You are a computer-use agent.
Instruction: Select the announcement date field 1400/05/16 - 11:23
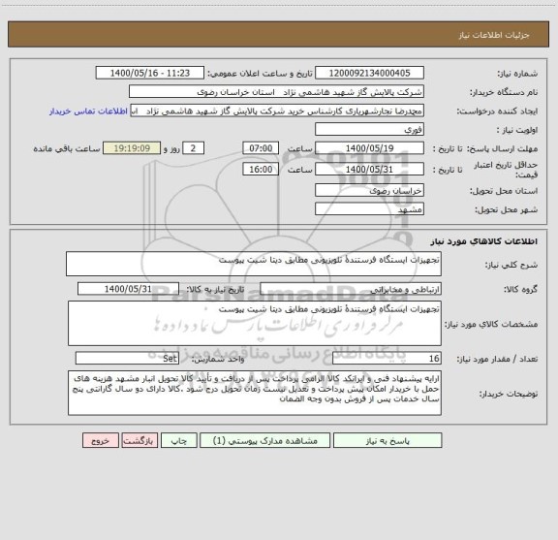[x=153, y=74]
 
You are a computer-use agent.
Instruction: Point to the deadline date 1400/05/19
[x=372, y=148]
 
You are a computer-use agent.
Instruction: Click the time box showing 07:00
[x=260, y=148]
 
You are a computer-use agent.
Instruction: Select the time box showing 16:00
[x=260, y=168]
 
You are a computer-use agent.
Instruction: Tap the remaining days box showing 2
[x=195, y=148]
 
